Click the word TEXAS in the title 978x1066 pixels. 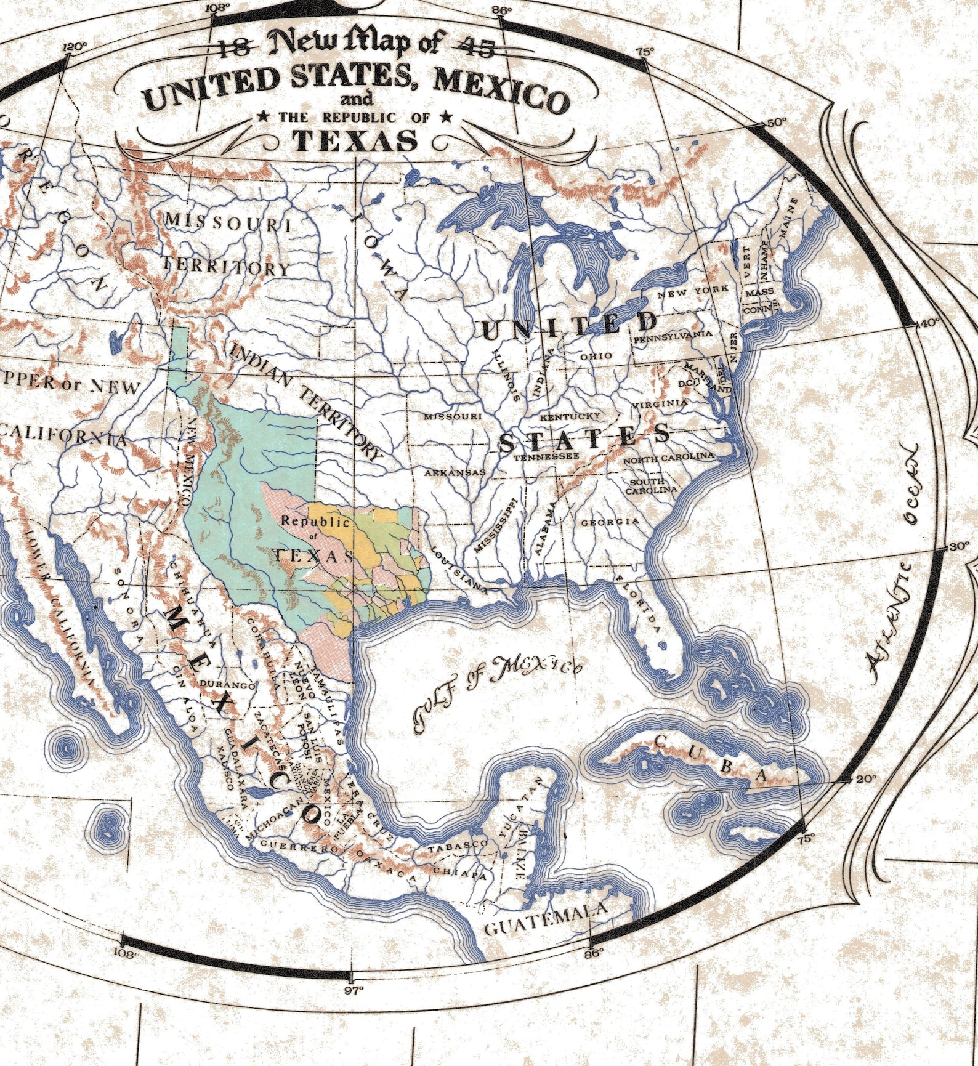coord(355,141)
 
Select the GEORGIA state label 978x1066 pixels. coord(610,522)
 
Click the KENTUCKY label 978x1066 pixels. coord(570,417)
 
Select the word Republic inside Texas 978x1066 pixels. coord(315,521)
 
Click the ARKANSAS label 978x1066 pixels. coord(455,473)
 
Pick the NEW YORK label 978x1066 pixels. coord(693,291)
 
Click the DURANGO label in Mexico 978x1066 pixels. coord(227,685)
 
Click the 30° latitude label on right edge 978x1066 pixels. coord(958,546)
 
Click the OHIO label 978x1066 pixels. coord(596,356)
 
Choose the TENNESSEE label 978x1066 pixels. coord(546,457)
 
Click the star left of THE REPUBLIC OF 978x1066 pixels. coord(263,116)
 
